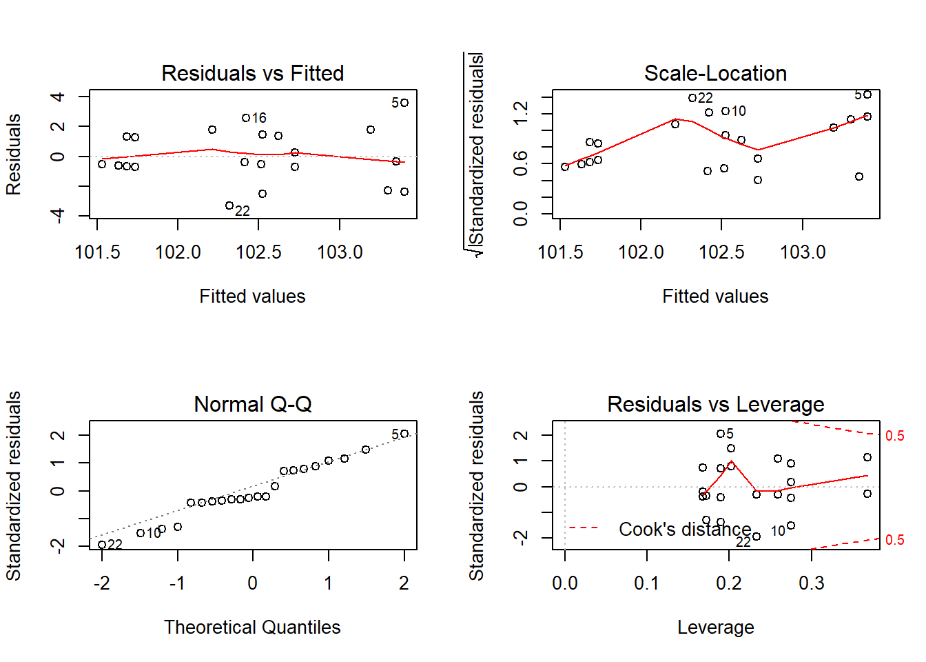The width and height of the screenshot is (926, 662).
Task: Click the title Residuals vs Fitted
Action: (x=252, y=73)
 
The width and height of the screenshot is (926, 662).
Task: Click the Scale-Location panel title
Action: (x=715, y=73)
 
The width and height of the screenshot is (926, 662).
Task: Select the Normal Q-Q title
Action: (x=252, y=404)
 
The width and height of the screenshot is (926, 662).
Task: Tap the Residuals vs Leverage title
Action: (x=715, y=404)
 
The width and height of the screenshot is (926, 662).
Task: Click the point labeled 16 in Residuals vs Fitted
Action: (x=246, y=118)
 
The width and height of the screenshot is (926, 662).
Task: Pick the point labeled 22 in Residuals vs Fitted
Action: (x=229, y=205)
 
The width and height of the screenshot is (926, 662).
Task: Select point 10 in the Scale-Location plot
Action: (x=726, y=111)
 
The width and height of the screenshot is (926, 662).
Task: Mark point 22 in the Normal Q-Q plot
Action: (x=102, y=545)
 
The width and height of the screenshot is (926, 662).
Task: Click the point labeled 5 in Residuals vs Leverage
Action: (x=721, y=434)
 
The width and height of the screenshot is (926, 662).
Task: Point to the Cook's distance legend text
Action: (x=684, y=529)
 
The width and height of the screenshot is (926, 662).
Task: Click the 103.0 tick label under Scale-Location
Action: (x=803, y=252)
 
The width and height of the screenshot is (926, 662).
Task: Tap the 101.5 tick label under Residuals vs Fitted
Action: (x=97, y=252)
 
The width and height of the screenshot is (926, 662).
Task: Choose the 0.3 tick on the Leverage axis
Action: (x=812, y=583)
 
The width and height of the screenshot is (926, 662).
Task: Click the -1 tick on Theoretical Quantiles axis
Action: (x=177, y=583)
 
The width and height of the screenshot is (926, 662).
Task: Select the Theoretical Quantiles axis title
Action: (x=252, y=627)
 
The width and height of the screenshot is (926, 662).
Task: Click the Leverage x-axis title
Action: (x=715, y=627)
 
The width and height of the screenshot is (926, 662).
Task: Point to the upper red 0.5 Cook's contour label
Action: (x=894, y=436)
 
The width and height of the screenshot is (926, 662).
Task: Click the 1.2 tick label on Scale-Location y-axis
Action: (x=521, y=113)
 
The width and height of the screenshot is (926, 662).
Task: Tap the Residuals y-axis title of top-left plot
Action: (x=14, y=154)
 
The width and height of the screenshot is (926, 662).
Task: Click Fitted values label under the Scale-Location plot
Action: (x=715, y=297)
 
